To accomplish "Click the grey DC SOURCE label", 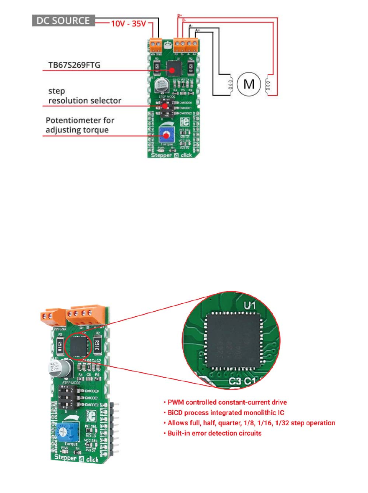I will click(64, 20).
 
